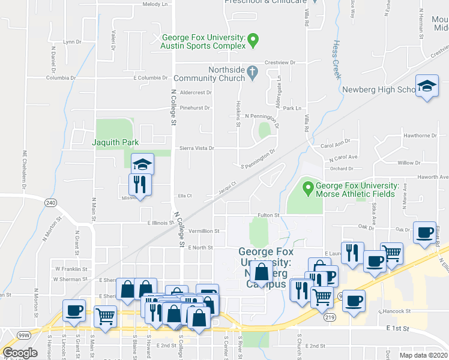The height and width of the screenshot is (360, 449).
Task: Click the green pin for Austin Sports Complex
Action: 253,41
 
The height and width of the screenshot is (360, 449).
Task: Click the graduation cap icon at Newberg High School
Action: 427,87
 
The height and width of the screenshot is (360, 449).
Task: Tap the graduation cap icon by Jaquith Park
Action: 143,164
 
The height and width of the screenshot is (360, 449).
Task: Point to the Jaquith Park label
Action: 115,143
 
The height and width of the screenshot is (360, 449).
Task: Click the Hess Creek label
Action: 334,61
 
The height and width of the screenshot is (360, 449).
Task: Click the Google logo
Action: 20,353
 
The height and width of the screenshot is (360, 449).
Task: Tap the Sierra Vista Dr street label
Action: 196,148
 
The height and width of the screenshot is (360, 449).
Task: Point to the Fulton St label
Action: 268,215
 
